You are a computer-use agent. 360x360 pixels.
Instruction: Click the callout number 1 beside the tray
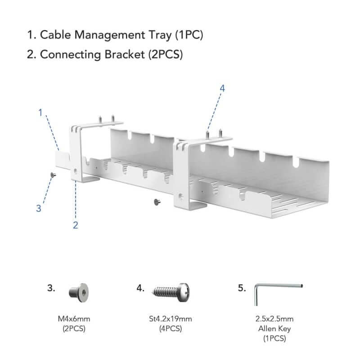(40, 112)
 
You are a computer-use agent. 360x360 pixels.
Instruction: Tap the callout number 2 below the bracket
(76, 225)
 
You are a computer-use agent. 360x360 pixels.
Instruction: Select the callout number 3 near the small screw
(39, 208)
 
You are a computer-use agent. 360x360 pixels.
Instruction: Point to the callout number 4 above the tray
(222, 88)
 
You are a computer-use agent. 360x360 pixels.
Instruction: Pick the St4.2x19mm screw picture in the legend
(171, 290)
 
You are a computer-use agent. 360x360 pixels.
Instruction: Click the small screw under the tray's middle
(157, 201)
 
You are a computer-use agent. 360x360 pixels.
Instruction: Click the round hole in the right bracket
(181, 196)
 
